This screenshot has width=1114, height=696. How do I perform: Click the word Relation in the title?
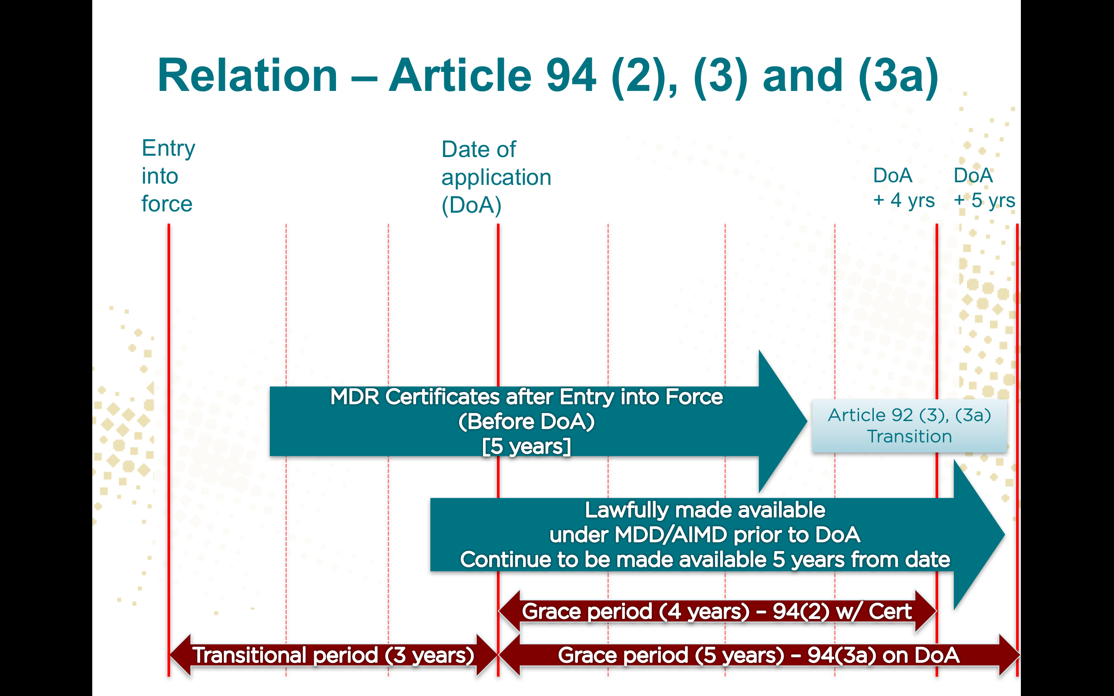tap(248, 76)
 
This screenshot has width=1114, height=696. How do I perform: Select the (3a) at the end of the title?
tap(898, 76)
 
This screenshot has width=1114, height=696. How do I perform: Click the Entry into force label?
tap(168, 176)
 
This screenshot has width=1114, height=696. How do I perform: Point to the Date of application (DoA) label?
tap(496, 177)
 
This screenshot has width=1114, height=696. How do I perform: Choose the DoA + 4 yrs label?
tap(903, 188)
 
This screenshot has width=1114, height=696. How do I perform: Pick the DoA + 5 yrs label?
tap(984, 188)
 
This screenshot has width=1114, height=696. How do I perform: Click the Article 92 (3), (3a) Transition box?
tap(909, 426)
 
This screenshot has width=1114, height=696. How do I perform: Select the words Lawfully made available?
tap(705, 510)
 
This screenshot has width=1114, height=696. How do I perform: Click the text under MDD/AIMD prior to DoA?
tap(705, 535)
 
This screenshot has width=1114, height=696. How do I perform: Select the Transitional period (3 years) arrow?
tap(333, 656)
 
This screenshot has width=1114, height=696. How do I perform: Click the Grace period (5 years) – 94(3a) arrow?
tap(758, 656)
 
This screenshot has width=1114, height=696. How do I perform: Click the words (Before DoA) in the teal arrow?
tap(526, 422)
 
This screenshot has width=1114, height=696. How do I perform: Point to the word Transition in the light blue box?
tap(909, 436)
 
